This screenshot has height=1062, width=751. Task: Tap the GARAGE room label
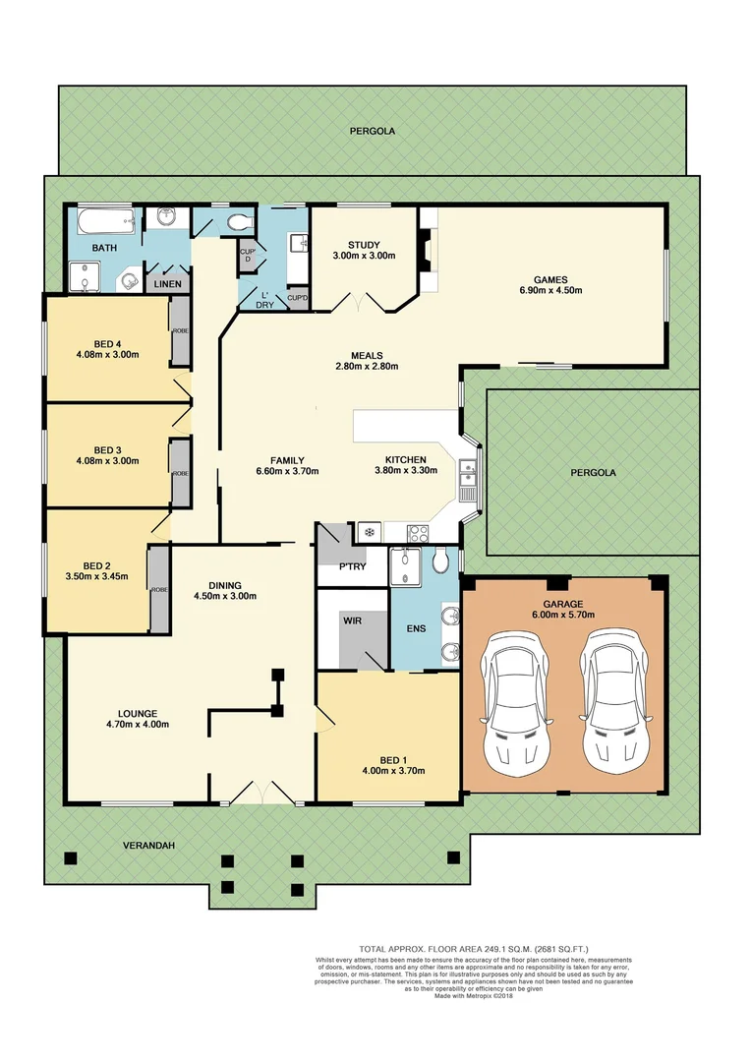tap(563, 604)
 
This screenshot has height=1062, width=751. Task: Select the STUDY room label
tap(364, 245)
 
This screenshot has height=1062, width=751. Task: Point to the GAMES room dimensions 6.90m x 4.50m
tap(550, 290)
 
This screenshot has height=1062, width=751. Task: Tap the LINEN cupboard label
tap(166, 283)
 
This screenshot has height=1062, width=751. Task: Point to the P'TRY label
tap(351, 567)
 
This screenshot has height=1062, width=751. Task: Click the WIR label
tap(353, 621)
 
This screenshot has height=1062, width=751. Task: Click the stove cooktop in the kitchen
tap(418, 534)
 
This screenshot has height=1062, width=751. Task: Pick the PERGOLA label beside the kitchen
tap(593, 472)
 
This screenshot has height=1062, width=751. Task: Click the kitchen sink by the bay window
tap(469, 475)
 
